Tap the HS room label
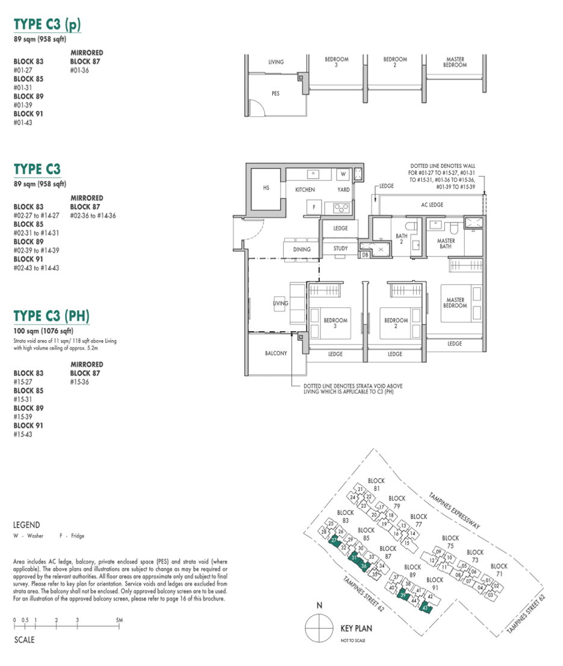266,188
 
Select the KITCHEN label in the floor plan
305,190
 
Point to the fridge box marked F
313,208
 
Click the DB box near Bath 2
365,255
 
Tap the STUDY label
340,249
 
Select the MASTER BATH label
446,244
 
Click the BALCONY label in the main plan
276,353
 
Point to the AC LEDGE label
432,205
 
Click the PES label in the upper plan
275,94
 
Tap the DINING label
302,249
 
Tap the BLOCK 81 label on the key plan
376,484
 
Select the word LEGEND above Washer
26,525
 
